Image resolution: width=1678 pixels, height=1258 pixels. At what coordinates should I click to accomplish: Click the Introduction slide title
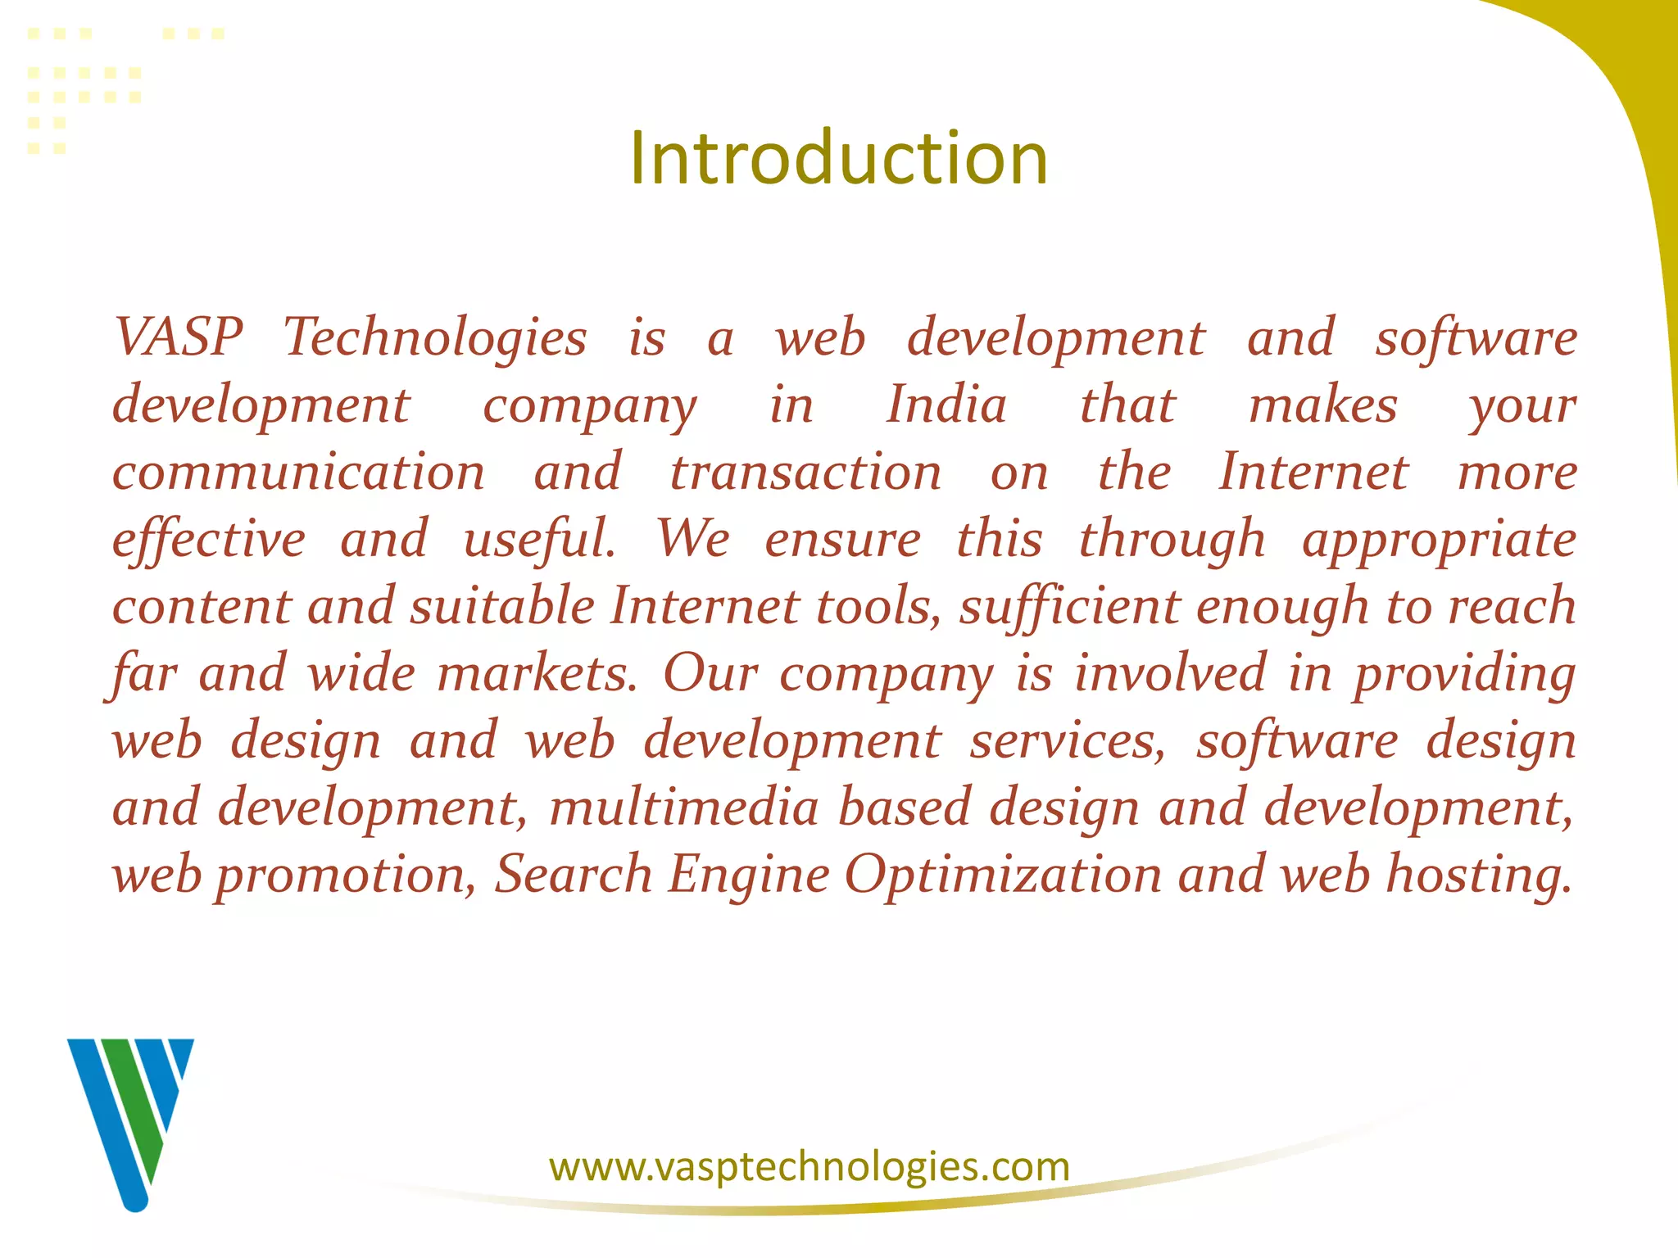click(x=838, y=158)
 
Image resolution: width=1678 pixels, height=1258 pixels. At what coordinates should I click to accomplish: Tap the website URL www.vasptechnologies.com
click(x=810, y=1166)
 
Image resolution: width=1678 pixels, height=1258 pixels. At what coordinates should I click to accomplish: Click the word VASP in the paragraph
click(x=179, y=337)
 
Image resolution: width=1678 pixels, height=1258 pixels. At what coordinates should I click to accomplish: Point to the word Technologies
click(x=435, y=338)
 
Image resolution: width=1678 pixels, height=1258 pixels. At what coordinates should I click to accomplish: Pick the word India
click(x=946, y=405)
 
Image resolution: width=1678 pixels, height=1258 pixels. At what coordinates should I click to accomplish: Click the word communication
click(x=299, y=473)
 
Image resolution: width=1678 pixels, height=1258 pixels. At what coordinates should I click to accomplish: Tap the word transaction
click(x=805, y=473)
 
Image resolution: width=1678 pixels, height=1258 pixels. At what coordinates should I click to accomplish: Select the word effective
click(x=209, y=541)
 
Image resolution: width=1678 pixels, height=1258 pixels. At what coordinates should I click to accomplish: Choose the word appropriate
click(x=1440, y=541)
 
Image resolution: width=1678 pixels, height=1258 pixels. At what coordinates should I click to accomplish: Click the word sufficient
click(x=1069, y=608)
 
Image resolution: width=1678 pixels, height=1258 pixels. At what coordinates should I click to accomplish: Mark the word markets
click(x=537, y=674)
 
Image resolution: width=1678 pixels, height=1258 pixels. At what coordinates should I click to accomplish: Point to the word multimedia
click(x=684, y=808)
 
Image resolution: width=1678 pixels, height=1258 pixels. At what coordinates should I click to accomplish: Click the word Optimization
click(x=1003, y=875)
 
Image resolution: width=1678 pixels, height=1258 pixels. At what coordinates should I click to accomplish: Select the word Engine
click(x=749, y=875)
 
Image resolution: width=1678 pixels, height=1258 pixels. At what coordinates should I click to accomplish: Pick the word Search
click(x=574, y=875)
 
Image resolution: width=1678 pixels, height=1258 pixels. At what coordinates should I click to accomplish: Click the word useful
click(x=539, y=541)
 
